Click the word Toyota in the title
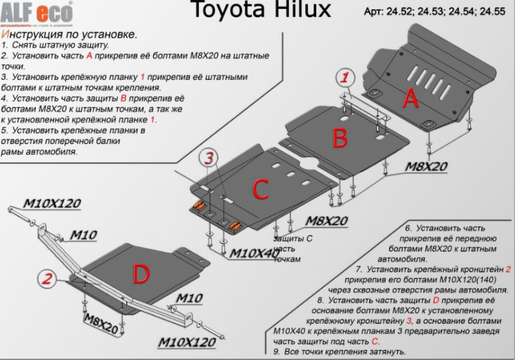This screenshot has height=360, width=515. [220, 11]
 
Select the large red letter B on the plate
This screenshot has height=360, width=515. [340, 137]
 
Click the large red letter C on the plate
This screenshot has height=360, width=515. [259, 189]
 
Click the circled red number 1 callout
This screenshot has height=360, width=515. [345, 78]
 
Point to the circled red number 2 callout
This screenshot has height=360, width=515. [46, 279]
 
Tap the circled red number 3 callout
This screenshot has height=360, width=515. [209, 157]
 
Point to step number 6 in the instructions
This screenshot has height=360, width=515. [407, 229]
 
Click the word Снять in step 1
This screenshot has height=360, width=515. [27, 46]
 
